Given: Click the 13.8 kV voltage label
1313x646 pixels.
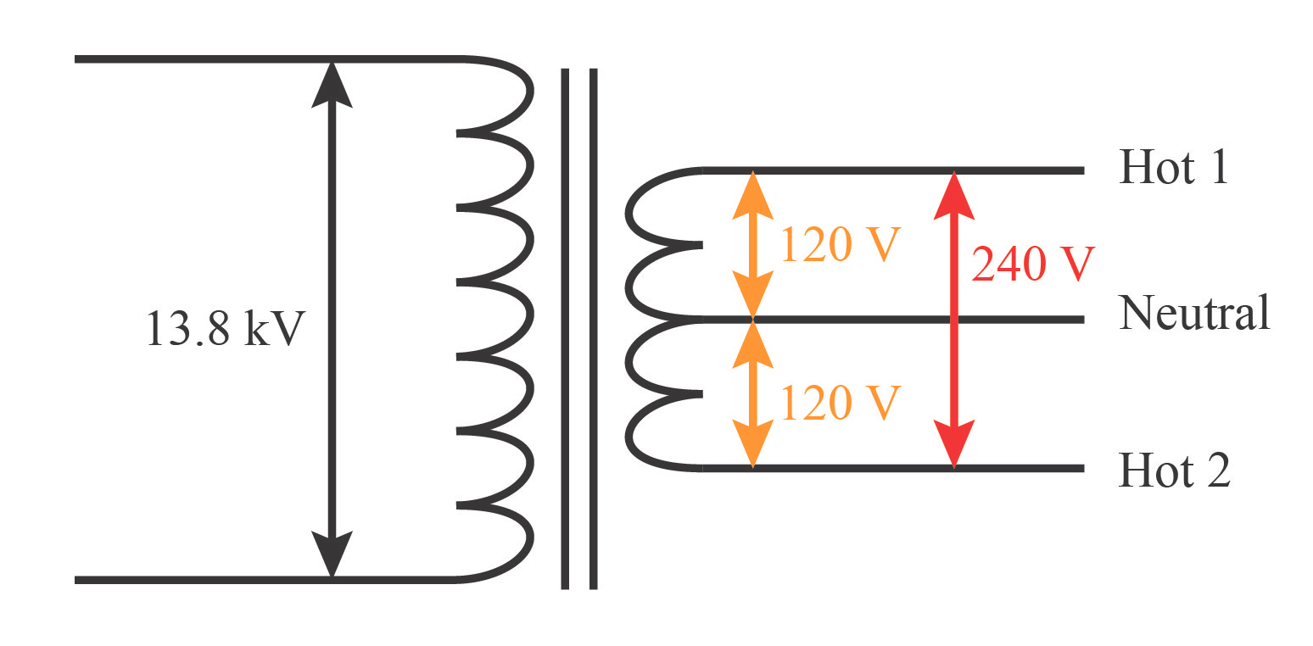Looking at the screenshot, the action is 225,328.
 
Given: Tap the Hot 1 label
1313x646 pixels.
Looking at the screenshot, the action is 1173,167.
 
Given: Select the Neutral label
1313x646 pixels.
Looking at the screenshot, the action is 1194,313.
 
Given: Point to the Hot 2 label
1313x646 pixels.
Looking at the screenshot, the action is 1175,470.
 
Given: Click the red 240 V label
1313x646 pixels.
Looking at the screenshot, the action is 1033,265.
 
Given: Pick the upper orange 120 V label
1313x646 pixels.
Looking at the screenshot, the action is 839,244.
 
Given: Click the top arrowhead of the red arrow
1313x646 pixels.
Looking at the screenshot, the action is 954,195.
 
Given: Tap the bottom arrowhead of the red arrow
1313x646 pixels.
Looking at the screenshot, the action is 954,443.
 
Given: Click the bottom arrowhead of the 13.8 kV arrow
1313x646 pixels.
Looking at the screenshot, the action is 332,554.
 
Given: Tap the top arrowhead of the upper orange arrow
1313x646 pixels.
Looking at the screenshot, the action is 752,194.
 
